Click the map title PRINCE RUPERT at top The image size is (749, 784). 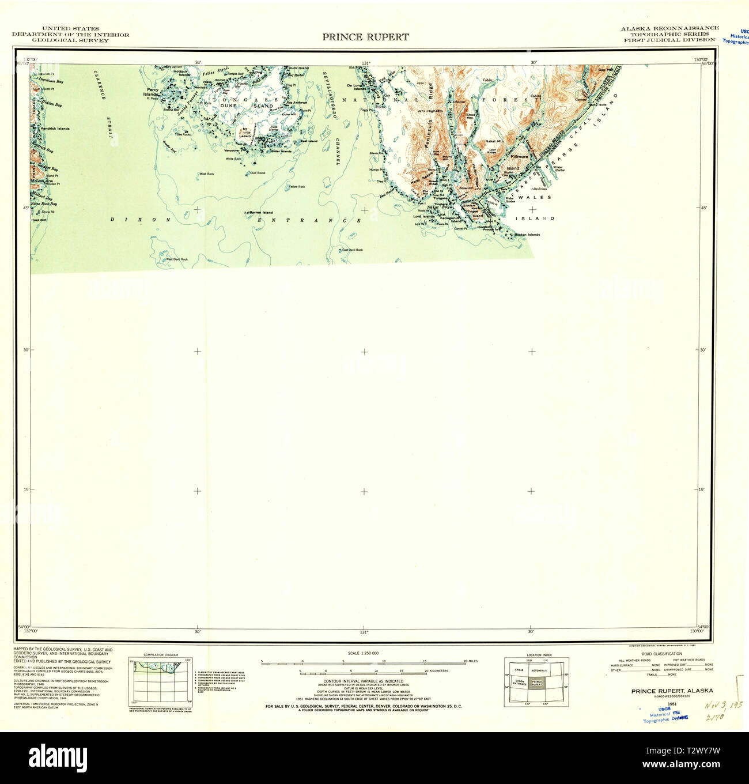tap(365, 37)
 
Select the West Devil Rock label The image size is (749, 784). tap(177, 259)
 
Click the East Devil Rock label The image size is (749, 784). tap(352, 250)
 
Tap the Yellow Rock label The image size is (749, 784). tap(297, 187)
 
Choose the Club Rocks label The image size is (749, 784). tap(258, 173)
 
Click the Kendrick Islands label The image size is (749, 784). tap(55, 129)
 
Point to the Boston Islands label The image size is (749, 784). tap(527, 235)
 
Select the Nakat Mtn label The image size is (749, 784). tap(494, 141)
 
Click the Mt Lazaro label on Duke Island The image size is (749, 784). tap(245, 131)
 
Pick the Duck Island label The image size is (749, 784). tap(298, 68)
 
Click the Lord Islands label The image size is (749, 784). tap(423, 217)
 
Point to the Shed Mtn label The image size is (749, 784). tap(470, 116)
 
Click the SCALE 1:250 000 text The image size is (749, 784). tap(363, 653)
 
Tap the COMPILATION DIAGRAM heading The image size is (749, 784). tap(161, 655)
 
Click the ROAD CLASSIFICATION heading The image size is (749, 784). tap(661, 654)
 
